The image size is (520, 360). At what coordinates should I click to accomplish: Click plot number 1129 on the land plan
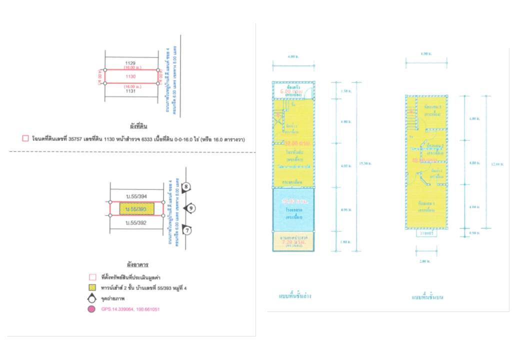coord(130,63)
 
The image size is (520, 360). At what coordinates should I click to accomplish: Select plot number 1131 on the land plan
coord(131,91)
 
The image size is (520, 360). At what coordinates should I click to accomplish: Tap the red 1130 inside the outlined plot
coord(130,76)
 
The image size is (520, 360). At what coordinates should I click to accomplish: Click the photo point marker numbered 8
coord(186,187)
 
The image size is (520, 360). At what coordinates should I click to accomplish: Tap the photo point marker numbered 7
coord(186,230)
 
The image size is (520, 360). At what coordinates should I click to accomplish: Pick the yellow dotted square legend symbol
coord(91,287)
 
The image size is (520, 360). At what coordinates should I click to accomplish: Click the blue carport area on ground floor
coord(293,209)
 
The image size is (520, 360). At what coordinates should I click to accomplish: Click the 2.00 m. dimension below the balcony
coord(426,260)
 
